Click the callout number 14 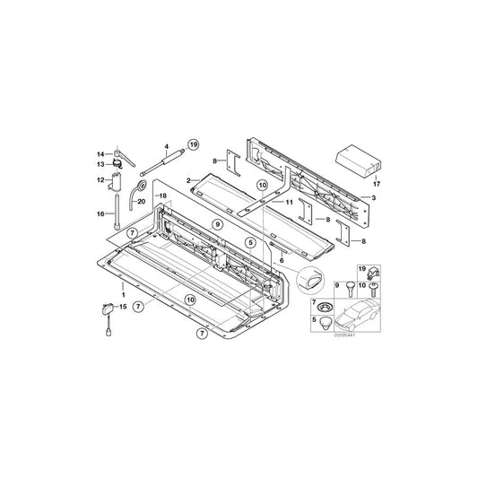102,153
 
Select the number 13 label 102,164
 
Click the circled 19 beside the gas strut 192,143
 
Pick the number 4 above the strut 165,144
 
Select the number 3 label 373,196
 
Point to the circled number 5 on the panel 251,242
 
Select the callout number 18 162,195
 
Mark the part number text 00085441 345,335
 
